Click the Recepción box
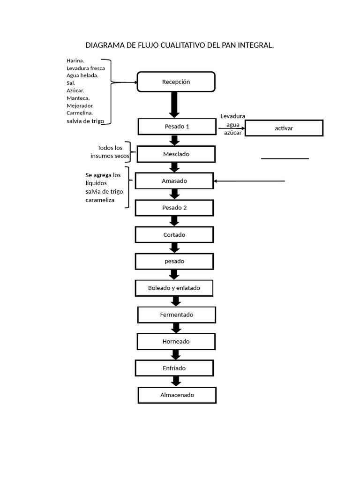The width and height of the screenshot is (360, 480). tap(176, 82)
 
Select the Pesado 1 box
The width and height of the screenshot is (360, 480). tap(177, 127)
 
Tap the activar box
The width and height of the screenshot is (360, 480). tap(284, 128)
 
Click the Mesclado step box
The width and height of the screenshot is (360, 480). tap(176, 154)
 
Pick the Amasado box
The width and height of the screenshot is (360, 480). tap(174, 180)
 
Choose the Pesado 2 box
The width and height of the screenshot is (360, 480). tap(174, 208)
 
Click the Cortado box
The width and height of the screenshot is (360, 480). tap(174, 234)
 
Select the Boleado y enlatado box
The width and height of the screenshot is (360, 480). tap(174, 288)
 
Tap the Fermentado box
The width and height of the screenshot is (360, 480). tap(177, 315)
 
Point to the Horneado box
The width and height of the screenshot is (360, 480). tap(176, 341)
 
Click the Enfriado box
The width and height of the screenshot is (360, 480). tap(174, 368)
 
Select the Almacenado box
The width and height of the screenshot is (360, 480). tap(177, 395)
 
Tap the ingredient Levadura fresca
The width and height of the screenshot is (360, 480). tap(86, 68)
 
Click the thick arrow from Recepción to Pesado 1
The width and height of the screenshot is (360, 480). tap(174, 105)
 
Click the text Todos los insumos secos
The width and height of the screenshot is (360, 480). tap(110, 152)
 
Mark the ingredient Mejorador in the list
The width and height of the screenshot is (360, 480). tap(80, 105)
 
